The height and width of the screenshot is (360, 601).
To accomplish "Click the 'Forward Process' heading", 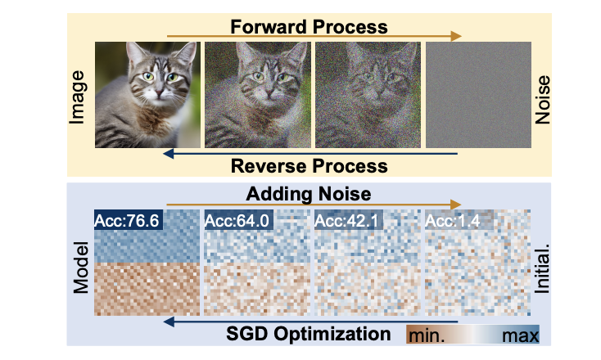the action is tap(309, 27).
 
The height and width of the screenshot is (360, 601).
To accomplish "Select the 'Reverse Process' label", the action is tap(309, 166).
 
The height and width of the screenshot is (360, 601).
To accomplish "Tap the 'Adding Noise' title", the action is tap(309, 194).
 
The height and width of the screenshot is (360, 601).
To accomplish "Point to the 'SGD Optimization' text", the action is tap(308, 334).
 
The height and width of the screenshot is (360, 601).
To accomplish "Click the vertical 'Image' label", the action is tap(77, 97).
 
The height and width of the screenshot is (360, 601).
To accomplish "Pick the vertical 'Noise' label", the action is tap(542, 100).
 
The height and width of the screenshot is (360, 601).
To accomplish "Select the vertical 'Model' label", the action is tap(81, 268).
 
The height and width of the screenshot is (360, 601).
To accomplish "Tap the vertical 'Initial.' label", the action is tap(542, 268).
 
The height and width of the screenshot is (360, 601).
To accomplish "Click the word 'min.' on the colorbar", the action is tap(427, 336).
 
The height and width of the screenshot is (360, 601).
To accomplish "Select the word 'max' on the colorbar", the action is tap(521, 336).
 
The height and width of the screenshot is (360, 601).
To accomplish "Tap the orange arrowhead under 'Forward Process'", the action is tap(456, 36).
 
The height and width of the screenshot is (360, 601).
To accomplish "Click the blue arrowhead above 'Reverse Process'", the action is tap(169, 154).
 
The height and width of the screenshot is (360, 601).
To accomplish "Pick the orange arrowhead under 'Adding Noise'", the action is tap(456, 204).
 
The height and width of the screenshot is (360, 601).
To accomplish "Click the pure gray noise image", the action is tap(478, 95).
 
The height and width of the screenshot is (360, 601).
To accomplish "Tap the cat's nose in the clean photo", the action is tap(158, 92).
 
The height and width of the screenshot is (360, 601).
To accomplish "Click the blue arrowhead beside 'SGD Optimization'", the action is tap(169, 322).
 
